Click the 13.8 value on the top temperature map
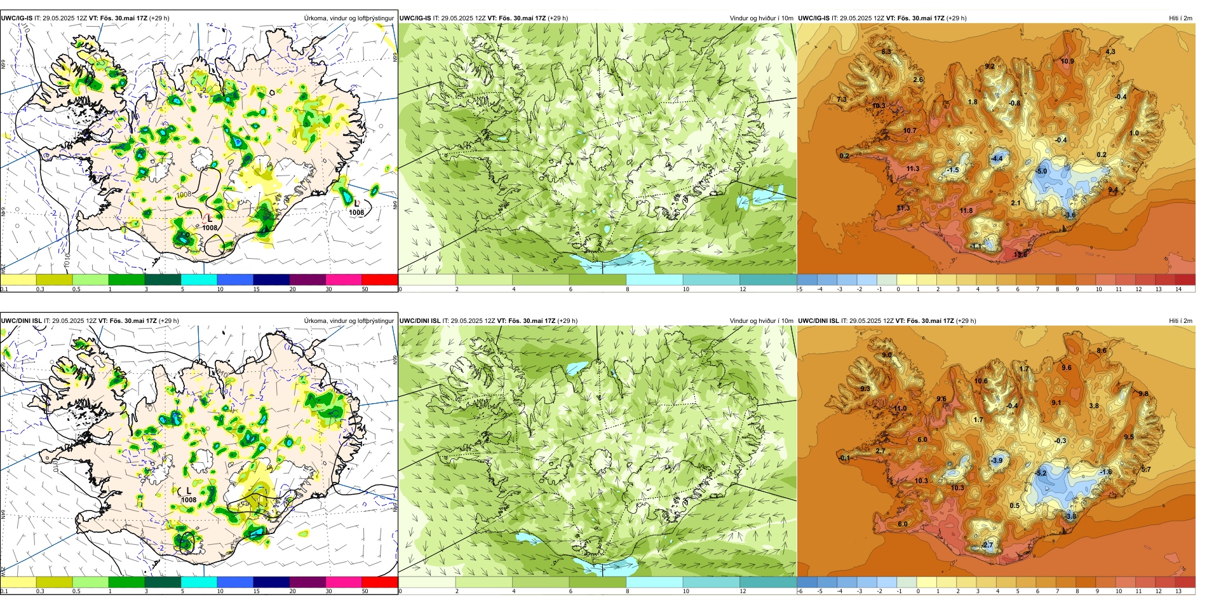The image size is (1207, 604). click(x=1020, y=254)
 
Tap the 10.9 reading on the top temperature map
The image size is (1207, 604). click(x=1067, y=62)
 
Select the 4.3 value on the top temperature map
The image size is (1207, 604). click(x=1110, y=51)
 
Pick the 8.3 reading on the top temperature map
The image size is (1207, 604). click(x=886, y=51)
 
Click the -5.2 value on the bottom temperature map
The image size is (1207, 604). click(x=1041, y=474)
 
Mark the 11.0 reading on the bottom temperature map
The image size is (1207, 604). click(x=901, y=409)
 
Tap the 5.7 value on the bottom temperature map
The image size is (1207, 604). click(x=1146, y=469)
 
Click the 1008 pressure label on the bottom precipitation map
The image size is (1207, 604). click(x=189, y=500)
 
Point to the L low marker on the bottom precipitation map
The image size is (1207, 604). click(x=189, y=491)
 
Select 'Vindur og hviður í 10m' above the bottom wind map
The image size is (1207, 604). click(x=761, y=321)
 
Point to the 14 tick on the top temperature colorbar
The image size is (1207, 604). click(x=1178, y=289)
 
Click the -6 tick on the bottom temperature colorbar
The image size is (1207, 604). click(x=800, y=592)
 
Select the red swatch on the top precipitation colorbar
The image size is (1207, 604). click(x=379, y=279)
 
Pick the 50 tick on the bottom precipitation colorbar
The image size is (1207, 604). click(x=365, y=592)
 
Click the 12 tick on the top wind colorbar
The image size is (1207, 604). click(x=743, y=289)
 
